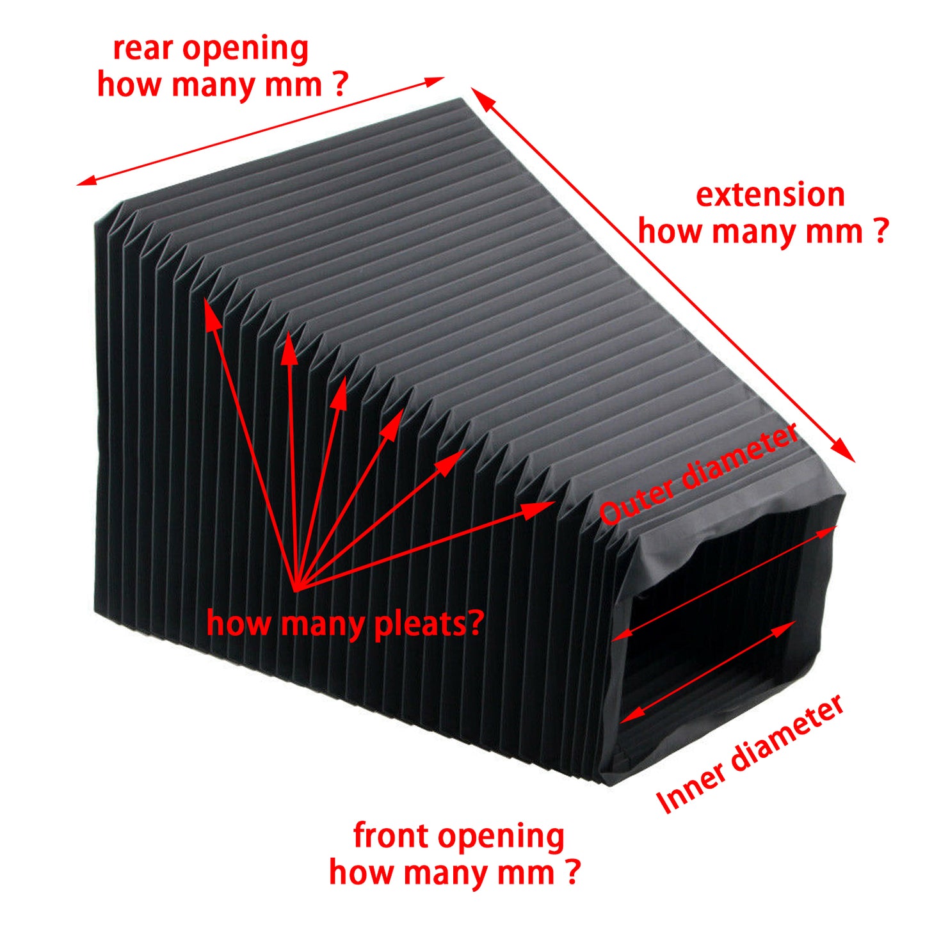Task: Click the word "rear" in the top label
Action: (142, 50)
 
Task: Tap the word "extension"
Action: (770, 195)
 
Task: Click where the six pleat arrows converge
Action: (295, 589)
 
